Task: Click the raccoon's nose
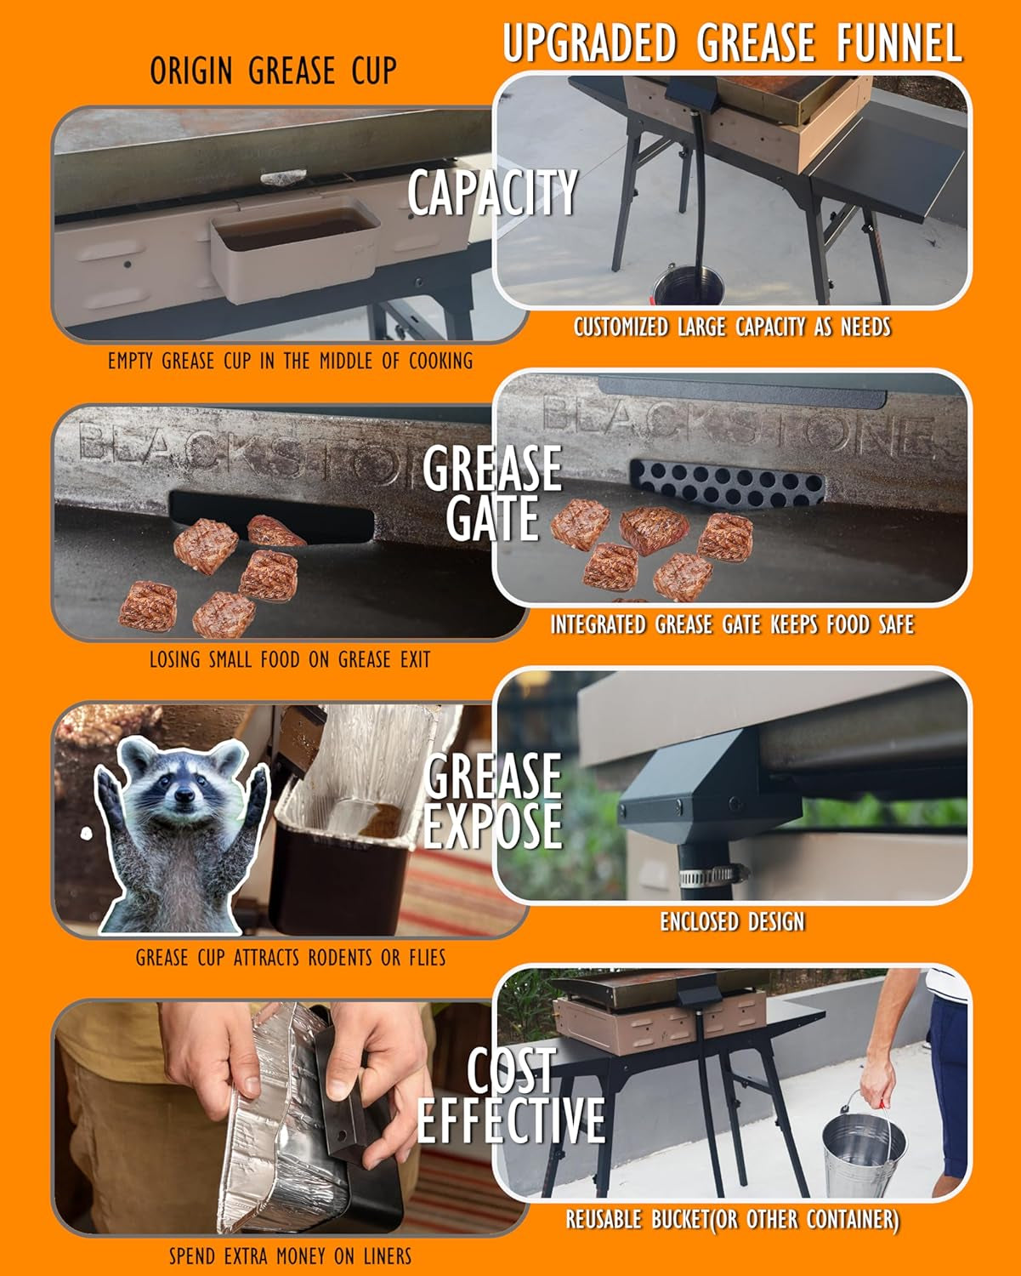click(x=184, y=795)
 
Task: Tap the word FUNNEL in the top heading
click(x=899, y=43)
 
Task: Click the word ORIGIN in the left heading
click(x=190, y=71)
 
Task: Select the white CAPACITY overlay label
click(x=492, y=191)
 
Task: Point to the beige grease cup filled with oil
click(x=294, y=250)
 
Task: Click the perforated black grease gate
click(x=728, y=482)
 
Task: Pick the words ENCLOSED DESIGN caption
click(x=733, y=921)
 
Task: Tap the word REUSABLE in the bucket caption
click(x=604, y=1220)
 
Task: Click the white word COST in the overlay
click(x=512, y=1070)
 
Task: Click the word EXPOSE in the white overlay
click(x=493, y=825)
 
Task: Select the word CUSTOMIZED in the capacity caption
click(x=621, y=327)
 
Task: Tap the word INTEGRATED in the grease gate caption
click(x=598, y=624)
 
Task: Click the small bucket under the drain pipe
click(x=688, y=285)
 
